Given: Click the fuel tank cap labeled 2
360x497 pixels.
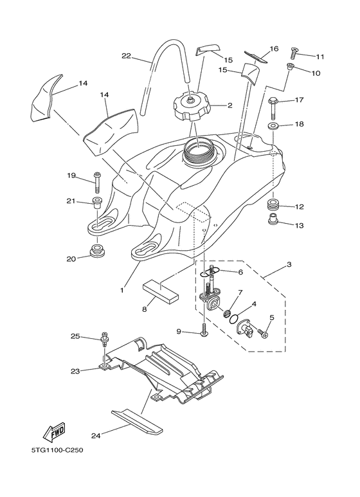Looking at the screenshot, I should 190,107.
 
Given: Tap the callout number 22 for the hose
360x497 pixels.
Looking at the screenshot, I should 126,56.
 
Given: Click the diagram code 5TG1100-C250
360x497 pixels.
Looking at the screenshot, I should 51,450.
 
